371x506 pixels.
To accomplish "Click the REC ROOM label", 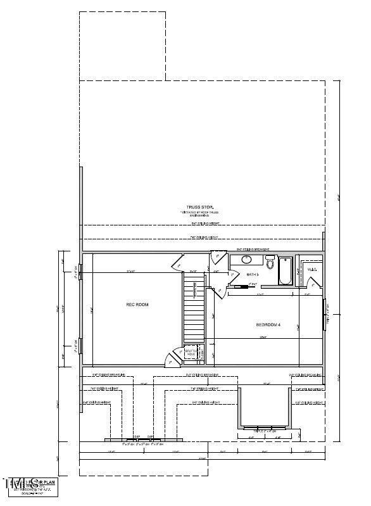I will (x=137, y=305).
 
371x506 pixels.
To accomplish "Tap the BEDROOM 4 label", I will (x=268, y=325).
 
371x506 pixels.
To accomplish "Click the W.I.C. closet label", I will (x=311, y=270).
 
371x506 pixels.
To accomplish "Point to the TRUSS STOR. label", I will (x=199, y=208).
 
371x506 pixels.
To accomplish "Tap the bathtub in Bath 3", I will (x=286, y=271).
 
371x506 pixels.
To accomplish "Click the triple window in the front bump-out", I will (x=265, y=428).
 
